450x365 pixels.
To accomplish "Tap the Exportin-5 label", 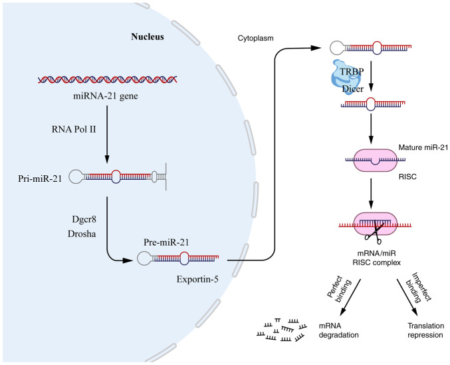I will (197, 272).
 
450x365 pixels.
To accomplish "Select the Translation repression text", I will (425, 328).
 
